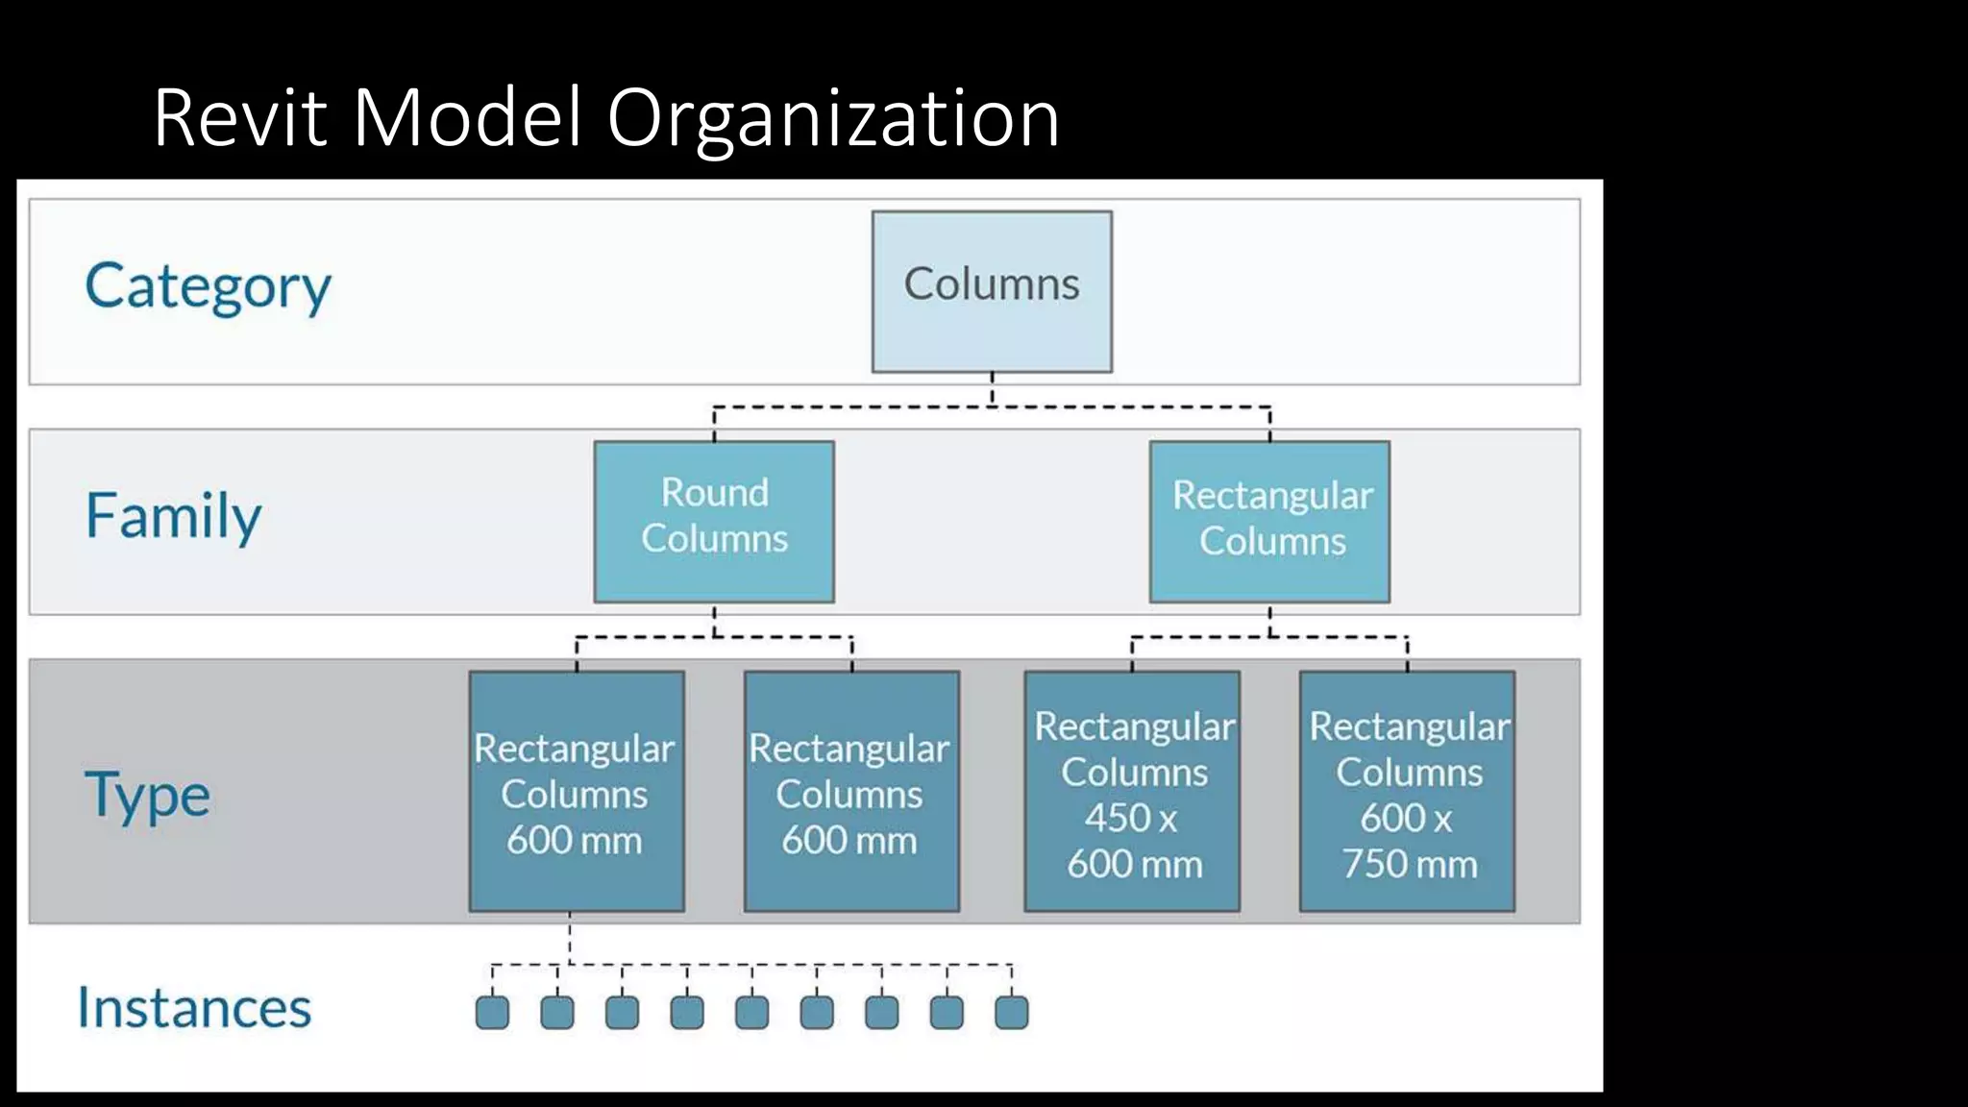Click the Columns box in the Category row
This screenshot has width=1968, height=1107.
(992, 291)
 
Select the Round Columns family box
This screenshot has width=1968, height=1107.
(714, 521)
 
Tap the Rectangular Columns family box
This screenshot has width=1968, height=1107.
(1269, 521)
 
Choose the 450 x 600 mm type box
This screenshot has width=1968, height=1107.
(1132, 791)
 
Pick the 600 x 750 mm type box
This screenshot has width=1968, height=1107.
(1407, 791)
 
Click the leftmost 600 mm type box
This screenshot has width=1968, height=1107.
(577, 791)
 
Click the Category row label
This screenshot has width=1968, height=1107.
(208, 286)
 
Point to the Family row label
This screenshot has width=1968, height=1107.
(173, 516)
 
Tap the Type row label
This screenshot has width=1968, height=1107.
(147, 796)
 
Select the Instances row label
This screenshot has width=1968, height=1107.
(194, 1008)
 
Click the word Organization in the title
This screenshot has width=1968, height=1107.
(832, 119)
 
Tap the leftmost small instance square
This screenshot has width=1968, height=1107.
(492, 1012)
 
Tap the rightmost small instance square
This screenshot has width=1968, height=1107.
(1011, 1012)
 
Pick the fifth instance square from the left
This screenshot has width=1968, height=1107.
(751, 1012)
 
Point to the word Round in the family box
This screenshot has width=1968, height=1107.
(715, 493)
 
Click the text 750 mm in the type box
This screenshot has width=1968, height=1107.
(1409, 864)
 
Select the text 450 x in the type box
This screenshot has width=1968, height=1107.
(1131, 818)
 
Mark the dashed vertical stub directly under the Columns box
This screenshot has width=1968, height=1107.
(992, 388)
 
